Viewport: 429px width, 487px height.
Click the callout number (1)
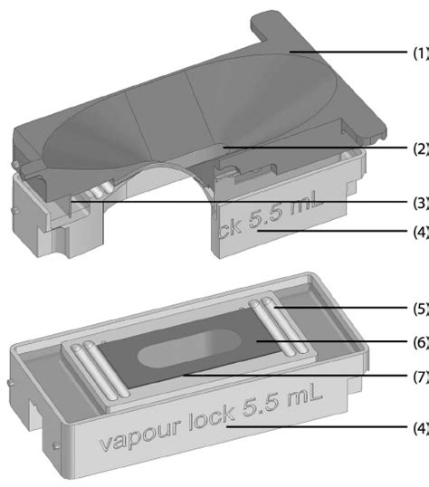pos(420,53)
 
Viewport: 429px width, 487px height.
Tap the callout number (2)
pos(420,147)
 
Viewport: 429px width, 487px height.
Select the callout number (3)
pos(420,202)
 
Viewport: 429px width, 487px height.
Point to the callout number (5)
pos(420,309)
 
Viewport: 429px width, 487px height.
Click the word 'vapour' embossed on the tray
pos(139,441)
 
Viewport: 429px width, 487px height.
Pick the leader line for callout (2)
pos(317,147)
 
